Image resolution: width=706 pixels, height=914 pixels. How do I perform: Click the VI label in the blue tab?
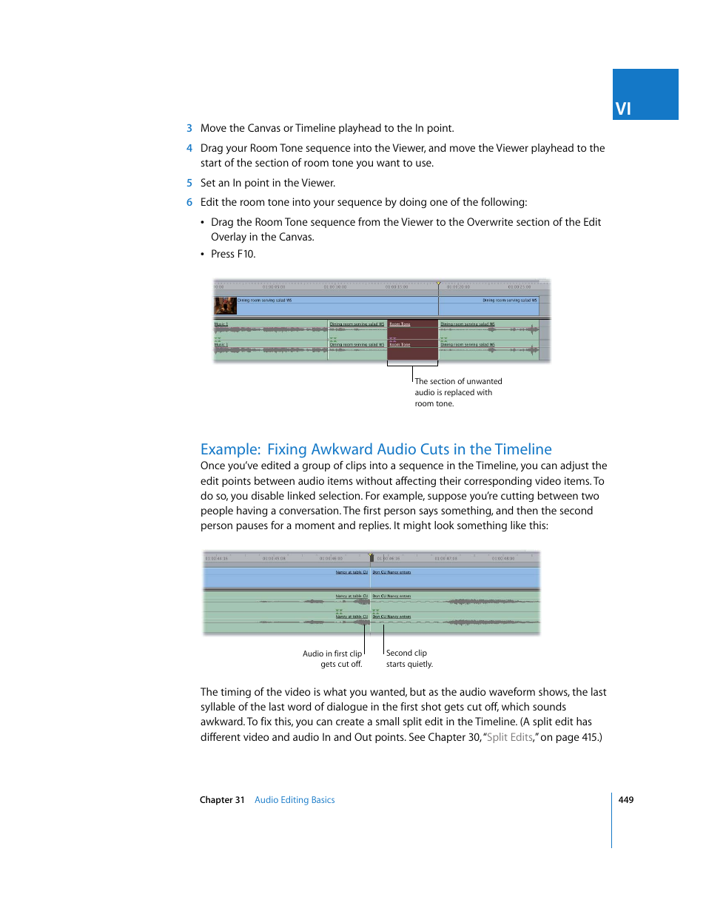[623, 109]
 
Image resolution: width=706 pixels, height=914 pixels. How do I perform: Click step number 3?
[189, 128]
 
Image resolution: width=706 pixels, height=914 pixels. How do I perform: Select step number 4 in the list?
[189, 148]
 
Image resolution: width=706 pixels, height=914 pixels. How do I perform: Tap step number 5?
[189, 183]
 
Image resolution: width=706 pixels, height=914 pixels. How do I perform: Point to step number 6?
[189, 202]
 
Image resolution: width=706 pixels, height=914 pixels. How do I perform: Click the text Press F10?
[233, 254]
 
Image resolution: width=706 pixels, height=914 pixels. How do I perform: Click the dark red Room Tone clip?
[412, 340]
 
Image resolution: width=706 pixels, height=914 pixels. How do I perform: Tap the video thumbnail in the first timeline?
[225, 306]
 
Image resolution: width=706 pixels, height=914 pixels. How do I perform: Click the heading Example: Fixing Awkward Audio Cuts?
[376, 449]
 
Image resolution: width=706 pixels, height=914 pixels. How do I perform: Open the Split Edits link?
[509, 737]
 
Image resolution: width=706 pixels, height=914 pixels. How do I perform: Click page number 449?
[626, 800]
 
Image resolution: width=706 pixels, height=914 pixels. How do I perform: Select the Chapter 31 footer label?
[222, 800]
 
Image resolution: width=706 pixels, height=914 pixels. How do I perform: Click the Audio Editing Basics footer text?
[295, 800]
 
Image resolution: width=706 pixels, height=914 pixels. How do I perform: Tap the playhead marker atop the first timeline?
[438, 283]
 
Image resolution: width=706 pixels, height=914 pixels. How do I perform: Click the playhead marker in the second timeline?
[371, 555]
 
